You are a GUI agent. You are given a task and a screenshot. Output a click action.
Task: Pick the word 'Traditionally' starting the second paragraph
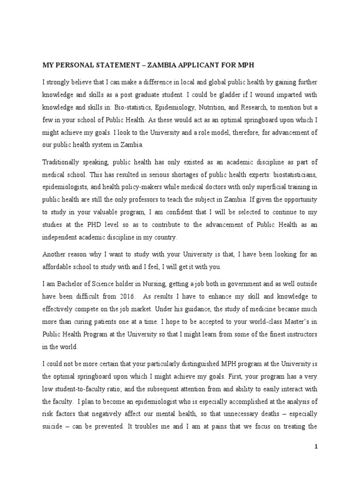click(62, 162)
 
